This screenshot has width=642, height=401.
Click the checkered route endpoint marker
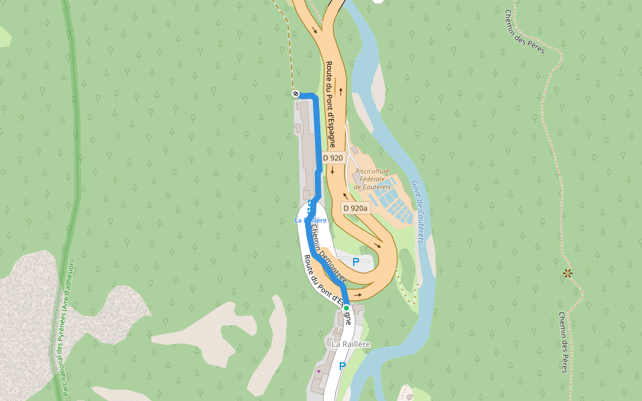point(295,94)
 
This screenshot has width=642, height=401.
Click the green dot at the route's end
point(346,307)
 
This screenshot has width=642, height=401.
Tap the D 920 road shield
point(332,158)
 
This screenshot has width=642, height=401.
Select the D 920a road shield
point(355,208)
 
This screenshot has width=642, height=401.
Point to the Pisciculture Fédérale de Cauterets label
point(372,178)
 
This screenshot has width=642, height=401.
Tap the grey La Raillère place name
point(351,344)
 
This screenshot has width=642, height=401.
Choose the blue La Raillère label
point(310,220)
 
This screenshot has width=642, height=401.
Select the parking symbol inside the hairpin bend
point(356,262)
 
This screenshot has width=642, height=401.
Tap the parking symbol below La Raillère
point(342,366)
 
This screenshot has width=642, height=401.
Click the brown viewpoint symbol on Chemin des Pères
point(568,273)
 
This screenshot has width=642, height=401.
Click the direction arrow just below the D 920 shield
point(332,171)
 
